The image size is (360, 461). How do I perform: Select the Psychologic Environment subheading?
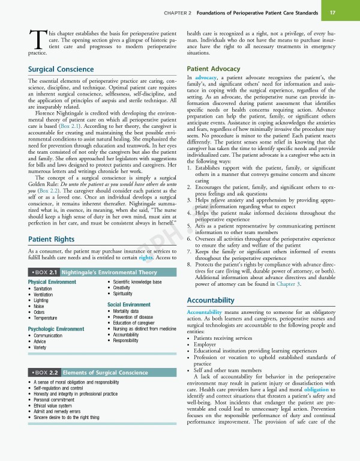56,329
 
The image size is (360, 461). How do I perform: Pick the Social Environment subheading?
128,305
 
